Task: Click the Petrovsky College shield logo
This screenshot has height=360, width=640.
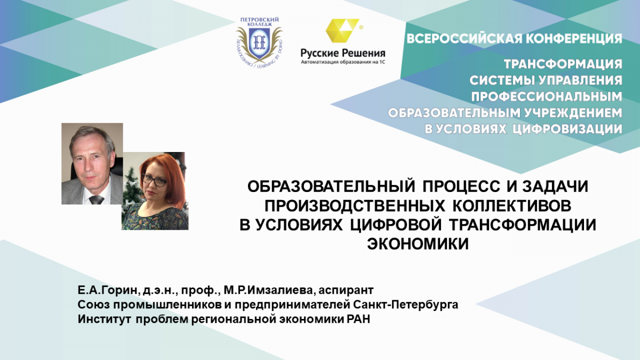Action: tap(259, 42)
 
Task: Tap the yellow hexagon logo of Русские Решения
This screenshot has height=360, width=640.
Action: tap(342, 30)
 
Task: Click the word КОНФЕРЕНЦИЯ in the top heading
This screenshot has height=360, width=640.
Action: tap(574, 39)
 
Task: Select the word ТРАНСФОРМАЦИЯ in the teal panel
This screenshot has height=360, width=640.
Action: tap(563, 64)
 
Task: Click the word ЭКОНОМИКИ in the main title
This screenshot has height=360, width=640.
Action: tap(418, 244)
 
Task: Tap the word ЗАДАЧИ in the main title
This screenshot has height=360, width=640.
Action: tap(555, 186)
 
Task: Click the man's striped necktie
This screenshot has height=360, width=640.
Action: tap(97, 199)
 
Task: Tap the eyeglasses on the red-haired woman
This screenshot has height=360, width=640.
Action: tap(154, 180)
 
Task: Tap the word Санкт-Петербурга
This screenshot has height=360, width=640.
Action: tap(405, 305)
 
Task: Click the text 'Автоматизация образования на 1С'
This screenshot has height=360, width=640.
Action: tap(342, 62)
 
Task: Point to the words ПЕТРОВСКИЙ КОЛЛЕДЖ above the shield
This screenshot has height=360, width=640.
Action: tap(259, 22)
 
